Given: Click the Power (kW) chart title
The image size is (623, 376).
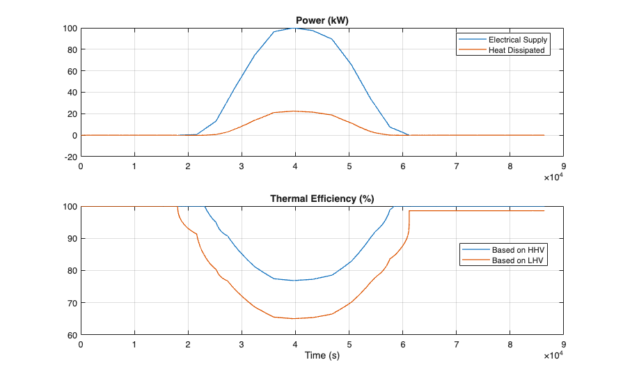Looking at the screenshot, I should pyautogui.click(x=322, y=21).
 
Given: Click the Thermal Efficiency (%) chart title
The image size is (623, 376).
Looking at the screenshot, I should pyautogui.click(x=322, y=199).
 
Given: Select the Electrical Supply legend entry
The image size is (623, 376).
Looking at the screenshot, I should pyautogui.click(x=518, y=40).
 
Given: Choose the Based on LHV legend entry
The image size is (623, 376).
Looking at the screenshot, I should pyautogui.click(x=517, y=260).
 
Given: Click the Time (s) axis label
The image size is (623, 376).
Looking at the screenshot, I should pyautogui.click(x=322, y=356).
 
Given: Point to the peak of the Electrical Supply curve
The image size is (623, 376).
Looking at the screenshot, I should pyautogui.click(x=295, y=28).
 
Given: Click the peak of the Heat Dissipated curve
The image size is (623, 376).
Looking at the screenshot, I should pyautogui.click(x=295, y=111).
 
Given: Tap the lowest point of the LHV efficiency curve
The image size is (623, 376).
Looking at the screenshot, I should pyautogui.click(x=295, y=318).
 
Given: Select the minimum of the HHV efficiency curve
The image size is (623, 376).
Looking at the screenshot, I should pyautogui.click(x=295, y=280).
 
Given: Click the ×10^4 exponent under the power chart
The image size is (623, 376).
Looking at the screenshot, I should pyautogui.click(x=553, y=178).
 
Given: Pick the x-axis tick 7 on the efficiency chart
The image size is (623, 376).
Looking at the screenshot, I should pyautogui.click(x=456, y=344).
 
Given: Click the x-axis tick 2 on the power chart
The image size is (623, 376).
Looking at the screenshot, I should pyautogui.click(x=188, y=166).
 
